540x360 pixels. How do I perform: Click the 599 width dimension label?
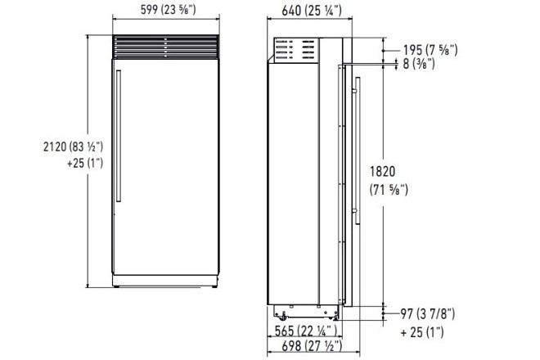pyautogui.click(x=168, y=9)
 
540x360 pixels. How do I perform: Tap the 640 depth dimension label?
pyautogui.click(x=312, y=11)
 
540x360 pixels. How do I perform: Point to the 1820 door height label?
pyautogui.click(x=382, y=172)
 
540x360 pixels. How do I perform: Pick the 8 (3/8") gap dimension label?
pyautogui.click(x=419, y=64)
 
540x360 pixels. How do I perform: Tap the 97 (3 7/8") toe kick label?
pyautogui.click(x=427, y=314)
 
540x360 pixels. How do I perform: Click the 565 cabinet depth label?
pyautogui.click(x=305, y=331)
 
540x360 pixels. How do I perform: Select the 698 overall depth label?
pyautogui.click(x=312, y=345)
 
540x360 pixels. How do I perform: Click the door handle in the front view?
pyautogui.click(x=119, y=136)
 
